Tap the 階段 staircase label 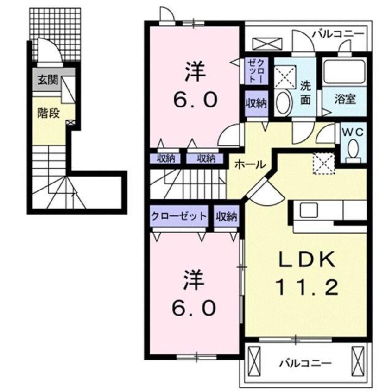pos(49,113)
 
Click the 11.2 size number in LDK pos(306,288)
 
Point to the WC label pos(354,132)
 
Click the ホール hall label pos(250,164)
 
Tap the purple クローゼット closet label pos(178,216)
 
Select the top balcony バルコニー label pos(338,33)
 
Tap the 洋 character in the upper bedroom pos(194,72)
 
